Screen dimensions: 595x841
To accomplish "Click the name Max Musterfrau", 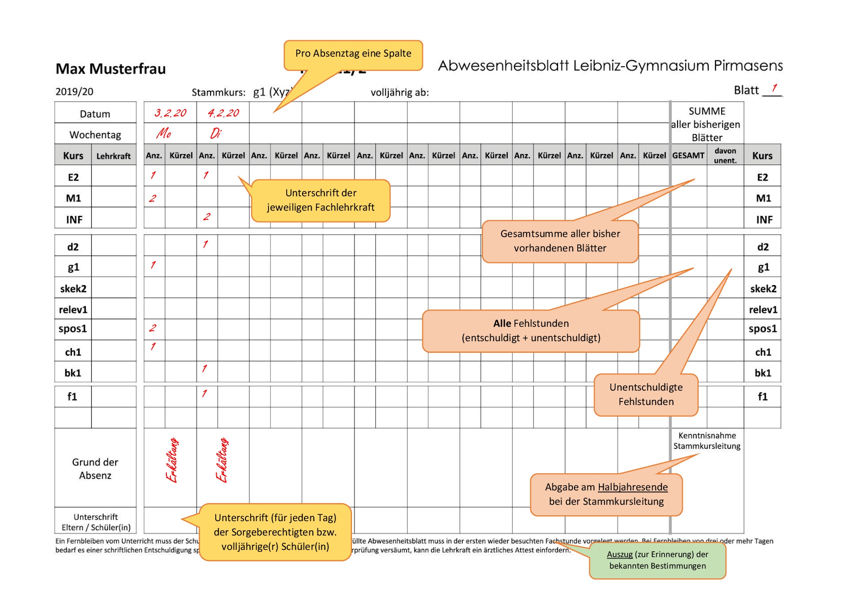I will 111,69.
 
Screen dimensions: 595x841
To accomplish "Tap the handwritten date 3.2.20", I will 170,113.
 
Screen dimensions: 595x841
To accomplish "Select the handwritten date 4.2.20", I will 223,113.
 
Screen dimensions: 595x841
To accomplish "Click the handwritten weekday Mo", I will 164,133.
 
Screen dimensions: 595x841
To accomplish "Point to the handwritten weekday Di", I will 216,133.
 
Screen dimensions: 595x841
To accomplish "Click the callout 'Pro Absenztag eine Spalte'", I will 353,54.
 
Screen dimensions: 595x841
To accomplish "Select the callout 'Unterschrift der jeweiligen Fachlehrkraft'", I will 321,200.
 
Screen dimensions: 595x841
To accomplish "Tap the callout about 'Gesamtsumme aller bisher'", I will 560,241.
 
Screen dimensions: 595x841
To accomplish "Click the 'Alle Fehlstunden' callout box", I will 531,331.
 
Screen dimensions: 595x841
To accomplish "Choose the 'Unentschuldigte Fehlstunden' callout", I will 646,394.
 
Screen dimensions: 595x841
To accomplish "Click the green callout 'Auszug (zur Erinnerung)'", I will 657,560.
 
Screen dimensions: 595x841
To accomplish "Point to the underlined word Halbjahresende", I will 633,487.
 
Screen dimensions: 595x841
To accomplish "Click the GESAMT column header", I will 688,155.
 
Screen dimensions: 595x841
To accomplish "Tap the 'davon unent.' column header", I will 725,155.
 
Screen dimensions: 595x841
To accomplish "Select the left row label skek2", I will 73,289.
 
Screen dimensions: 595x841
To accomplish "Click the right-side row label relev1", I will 763,310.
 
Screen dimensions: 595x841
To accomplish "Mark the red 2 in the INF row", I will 207,217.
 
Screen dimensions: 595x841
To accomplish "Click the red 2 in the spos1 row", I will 152,328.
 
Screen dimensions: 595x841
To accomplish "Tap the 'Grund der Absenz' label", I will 95,469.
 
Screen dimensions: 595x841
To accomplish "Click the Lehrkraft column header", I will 114,156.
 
